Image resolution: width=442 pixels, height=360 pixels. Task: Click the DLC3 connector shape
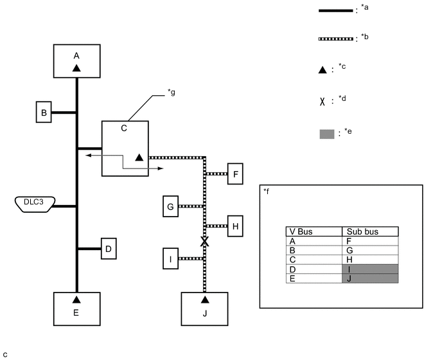tap(35, 204)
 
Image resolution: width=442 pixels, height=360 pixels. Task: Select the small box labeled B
tap(44, 112)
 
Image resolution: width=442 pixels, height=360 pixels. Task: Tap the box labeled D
tap(109, 249)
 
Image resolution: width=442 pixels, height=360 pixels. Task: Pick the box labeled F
tap(235, 174)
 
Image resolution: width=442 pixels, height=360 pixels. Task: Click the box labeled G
tap(170, 206)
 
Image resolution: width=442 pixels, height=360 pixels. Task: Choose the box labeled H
tap(235, 226)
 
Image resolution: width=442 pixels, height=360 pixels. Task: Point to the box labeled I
tap(170, 258)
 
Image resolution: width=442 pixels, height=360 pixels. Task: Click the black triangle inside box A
tap(76, 68)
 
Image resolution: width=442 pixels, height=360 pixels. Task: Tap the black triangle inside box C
tap(139, 157)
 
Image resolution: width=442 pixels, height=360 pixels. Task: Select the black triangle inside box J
tap(205, 300)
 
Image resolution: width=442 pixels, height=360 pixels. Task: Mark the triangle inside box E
tap(76, 300)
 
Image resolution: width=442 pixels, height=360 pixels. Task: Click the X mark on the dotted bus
tap(205, 241)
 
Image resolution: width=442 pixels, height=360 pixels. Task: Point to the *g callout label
tap(172, 93)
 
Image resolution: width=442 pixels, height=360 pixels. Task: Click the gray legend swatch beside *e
tap(327, 134)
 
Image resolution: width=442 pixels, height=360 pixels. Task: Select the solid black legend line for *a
tap(336, 11)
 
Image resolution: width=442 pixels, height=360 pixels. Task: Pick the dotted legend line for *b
tap(336, 39)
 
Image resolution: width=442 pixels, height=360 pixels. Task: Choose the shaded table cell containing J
tap(370, 278)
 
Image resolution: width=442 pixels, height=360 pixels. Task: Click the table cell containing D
tap(314, 269)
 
